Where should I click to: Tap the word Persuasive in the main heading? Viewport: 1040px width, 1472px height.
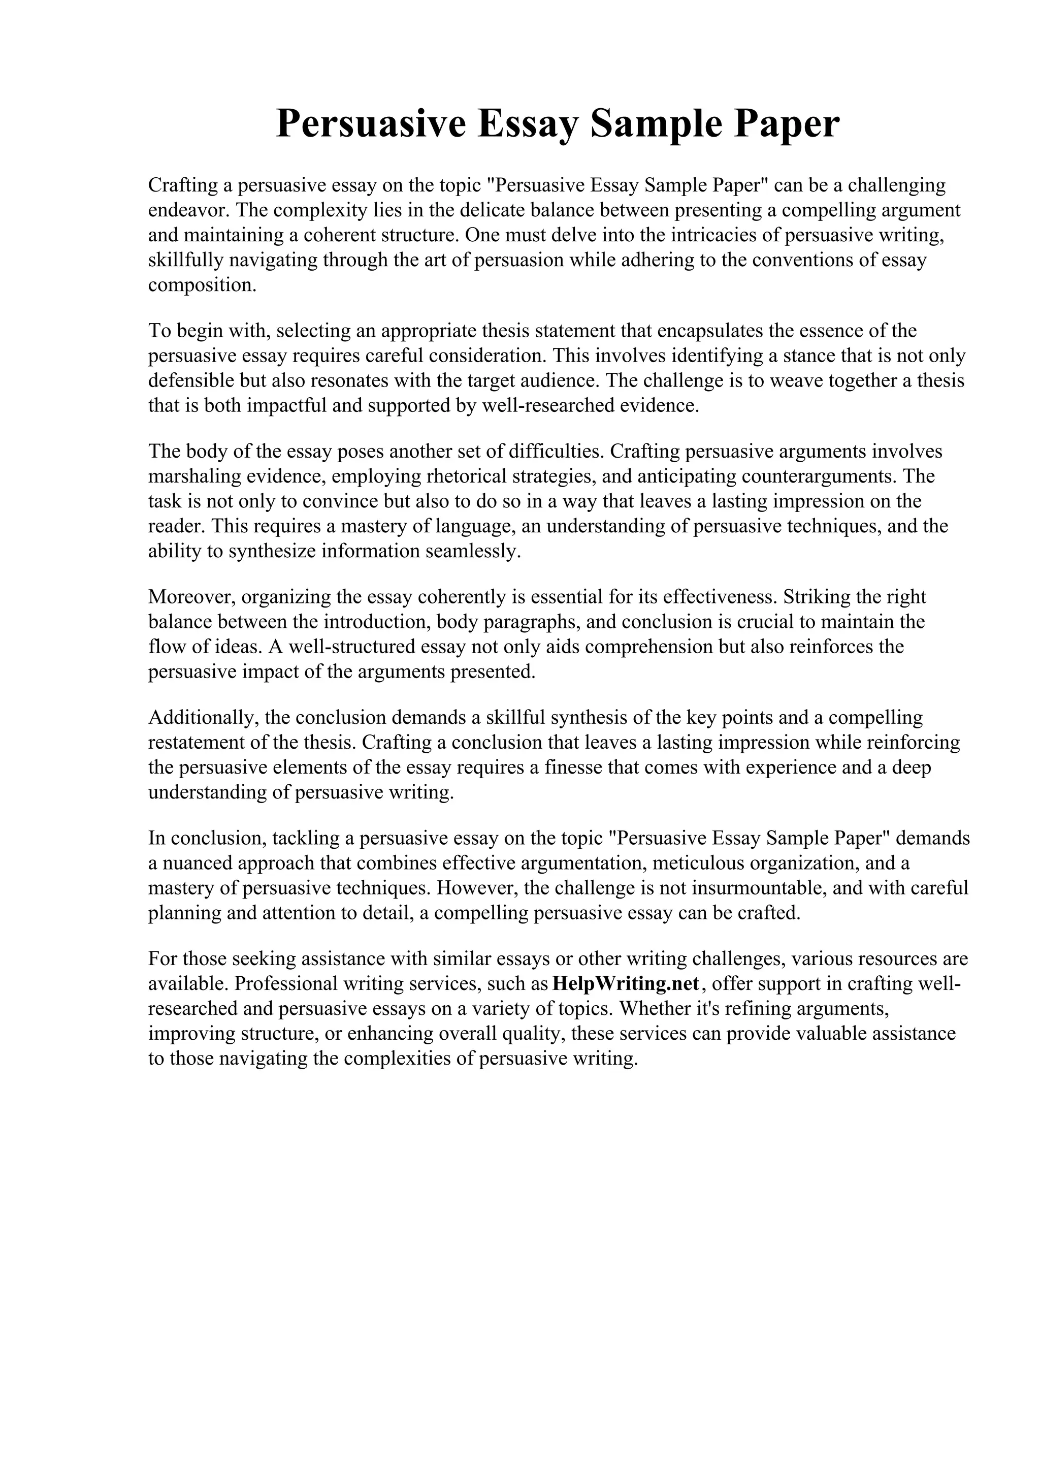pyautogui.click(x=370, y=124)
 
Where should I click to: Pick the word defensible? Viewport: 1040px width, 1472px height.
pyautogui.click(x=191, y=381)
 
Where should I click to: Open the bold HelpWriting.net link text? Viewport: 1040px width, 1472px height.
pyautogui.click(x=626, y=983)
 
